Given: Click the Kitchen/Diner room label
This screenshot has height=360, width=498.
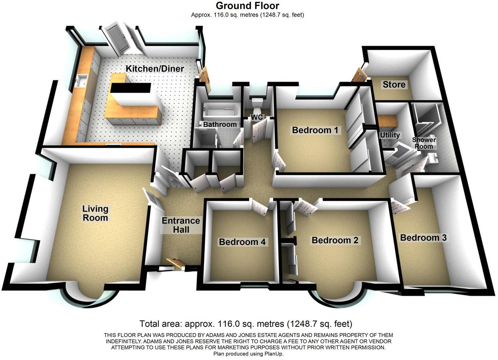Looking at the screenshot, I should [155, 69].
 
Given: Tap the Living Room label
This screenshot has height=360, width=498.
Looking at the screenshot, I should [95, 213].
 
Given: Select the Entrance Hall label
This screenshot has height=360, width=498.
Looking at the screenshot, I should [181, 225].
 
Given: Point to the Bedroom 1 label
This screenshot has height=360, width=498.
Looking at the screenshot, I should [315, 130].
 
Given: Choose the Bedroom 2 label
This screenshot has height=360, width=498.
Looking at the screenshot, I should [335, 240].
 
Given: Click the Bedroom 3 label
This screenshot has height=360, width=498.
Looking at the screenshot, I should [423, 238].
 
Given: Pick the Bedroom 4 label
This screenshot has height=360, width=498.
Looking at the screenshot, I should [242, 242].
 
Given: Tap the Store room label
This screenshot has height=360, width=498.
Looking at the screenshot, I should [394, 84].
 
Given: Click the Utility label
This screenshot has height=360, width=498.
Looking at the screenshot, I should [390, 135].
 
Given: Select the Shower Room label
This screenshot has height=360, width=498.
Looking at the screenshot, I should [424, 143].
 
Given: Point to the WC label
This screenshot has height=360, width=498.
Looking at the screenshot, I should [256, 117].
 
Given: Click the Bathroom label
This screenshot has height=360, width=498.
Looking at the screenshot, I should [220, 124].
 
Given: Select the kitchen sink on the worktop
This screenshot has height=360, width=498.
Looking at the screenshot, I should [81, 80].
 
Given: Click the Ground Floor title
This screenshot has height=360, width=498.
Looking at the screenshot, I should [247, 5].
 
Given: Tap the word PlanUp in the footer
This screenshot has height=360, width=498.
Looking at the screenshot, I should [274, 354].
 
